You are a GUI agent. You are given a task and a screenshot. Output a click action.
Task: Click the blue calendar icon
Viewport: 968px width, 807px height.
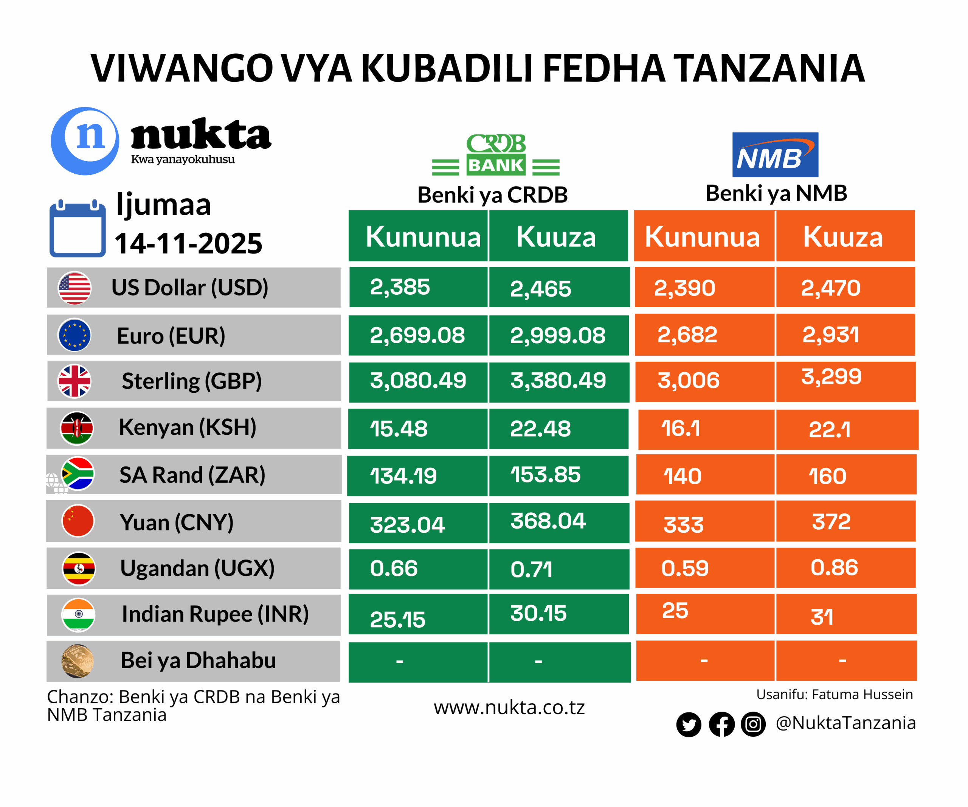pos(78,229)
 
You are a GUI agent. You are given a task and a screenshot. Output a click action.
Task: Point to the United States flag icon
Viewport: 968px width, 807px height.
pos(74,288)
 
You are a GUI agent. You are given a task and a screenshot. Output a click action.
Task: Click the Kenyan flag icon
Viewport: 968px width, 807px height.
pos(77,428)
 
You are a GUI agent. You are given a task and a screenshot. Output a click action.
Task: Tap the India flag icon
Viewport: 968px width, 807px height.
pos(78,614)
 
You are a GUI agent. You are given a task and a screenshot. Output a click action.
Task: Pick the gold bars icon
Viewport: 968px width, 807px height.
pos(78,661)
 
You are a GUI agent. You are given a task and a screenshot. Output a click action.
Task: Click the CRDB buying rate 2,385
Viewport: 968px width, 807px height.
pos(400,287)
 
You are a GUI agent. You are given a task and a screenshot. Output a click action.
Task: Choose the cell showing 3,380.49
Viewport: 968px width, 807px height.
pos(558,381)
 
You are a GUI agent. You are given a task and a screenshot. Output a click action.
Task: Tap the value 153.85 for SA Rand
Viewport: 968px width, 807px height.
pos(545,475)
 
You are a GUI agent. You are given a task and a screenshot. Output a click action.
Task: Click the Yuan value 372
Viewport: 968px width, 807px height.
pos(831,522)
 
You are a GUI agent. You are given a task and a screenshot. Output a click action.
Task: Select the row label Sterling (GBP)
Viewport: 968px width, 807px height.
pos(191,381)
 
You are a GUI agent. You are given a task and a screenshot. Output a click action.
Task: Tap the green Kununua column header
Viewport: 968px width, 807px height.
pos(423,236)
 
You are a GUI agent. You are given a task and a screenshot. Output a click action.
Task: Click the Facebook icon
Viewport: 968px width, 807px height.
pos(721,724)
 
